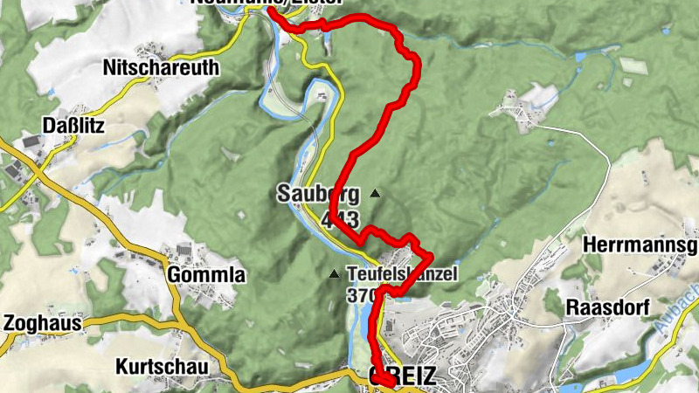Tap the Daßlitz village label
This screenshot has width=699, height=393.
pos(74,126)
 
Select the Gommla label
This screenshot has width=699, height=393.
pos(206,275)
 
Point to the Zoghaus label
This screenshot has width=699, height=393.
pos(42,323)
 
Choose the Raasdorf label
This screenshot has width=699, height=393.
pos(606,307)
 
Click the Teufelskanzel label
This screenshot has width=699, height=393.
pos(402,274)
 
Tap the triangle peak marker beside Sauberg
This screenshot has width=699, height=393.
pos(375,193)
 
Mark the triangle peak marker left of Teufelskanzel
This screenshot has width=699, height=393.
pos(334,274)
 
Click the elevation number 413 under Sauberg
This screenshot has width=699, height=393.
pos(340,218)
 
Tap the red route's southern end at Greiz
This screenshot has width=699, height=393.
pos(389,385)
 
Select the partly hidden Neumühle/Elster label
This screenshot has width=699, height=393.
pos(266,3)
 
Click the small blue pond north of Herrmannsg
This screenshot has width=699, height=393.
pos(579,58)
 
